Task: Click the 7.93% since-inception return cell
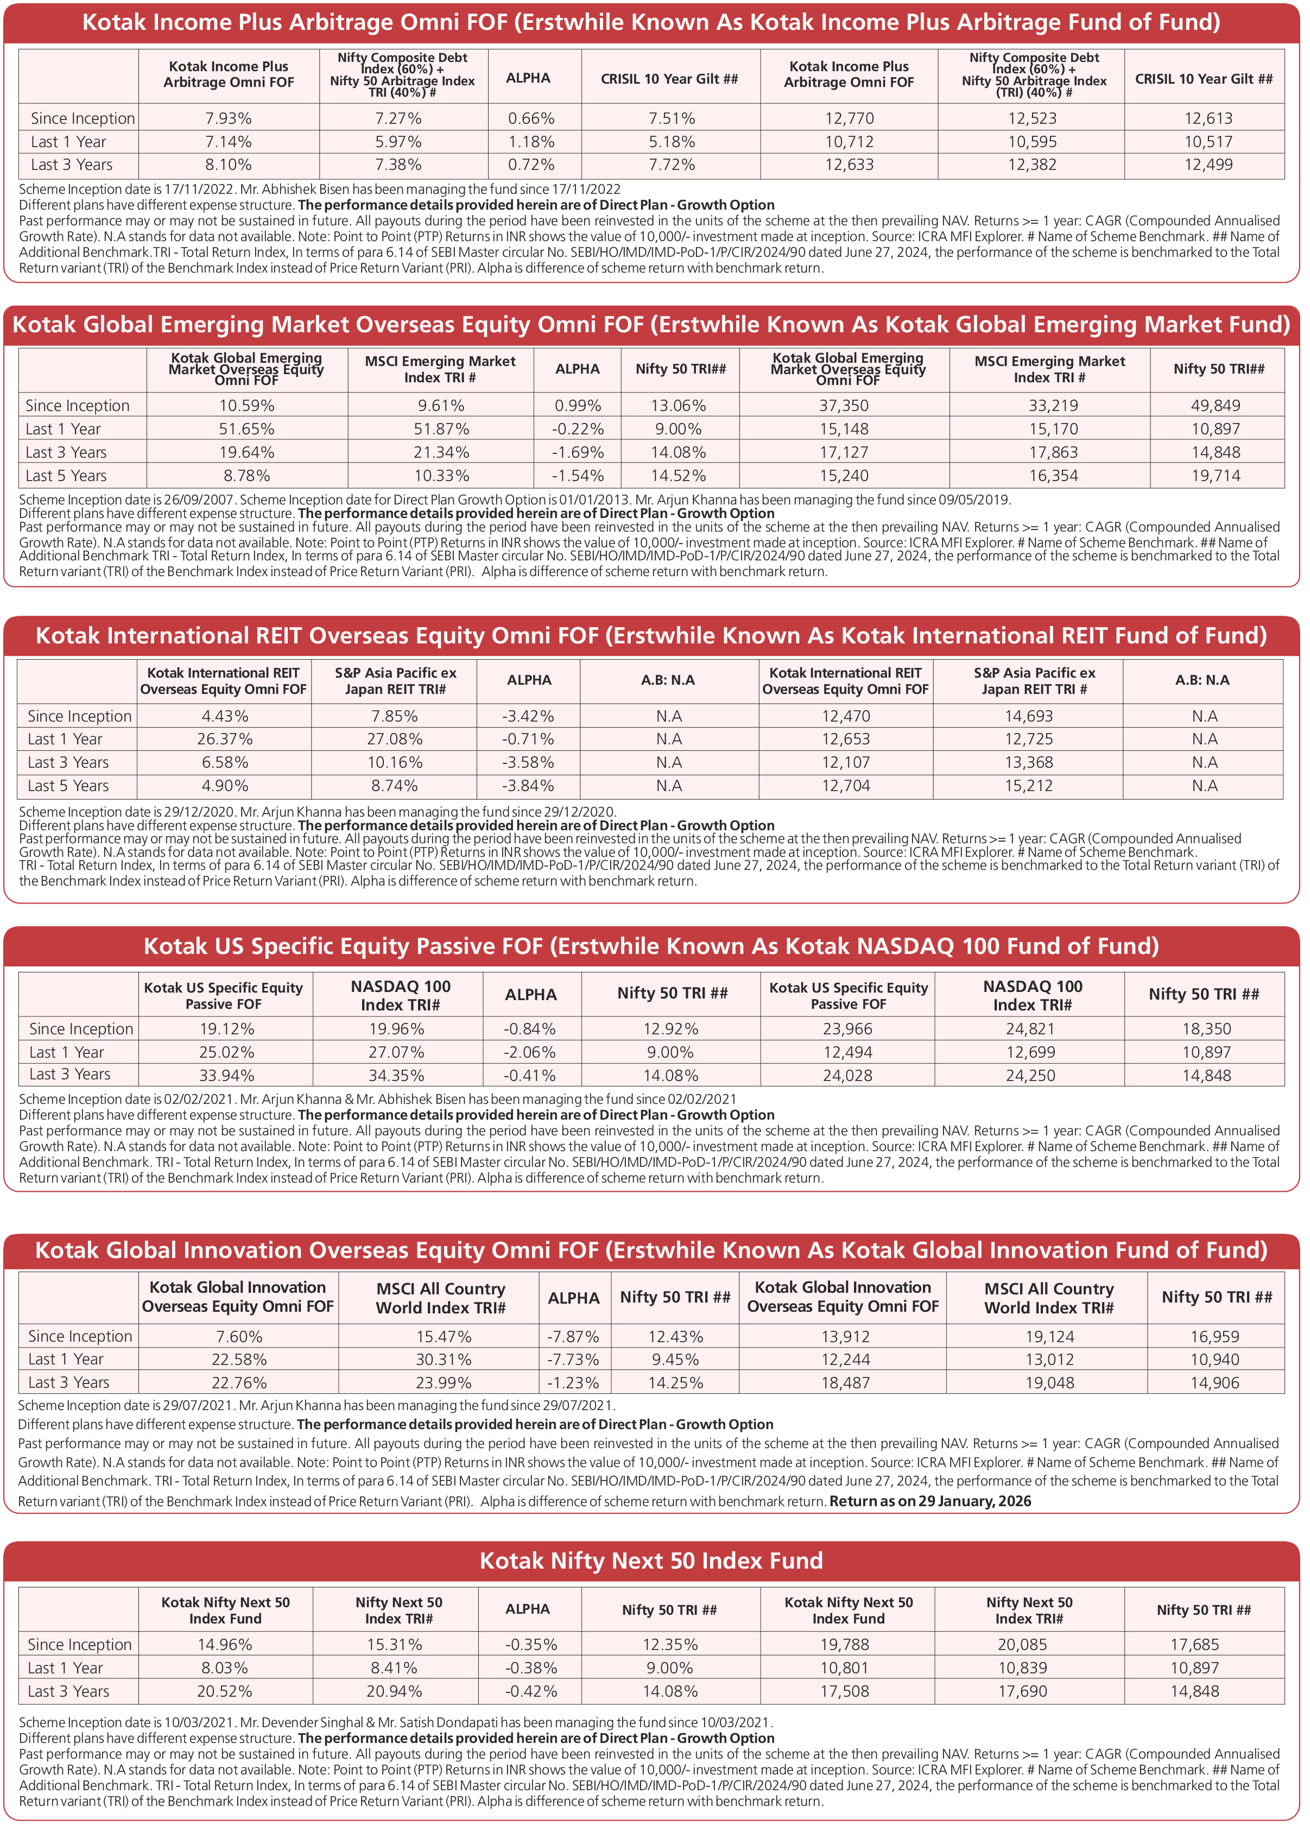tap(228, 118)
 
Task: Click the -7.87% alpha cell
tap(573, 1337)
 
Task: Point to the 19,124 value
tap(1049, 1337)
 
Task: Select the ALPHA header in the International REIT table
tap(529, 680)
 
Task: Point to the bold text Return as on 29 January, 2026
tap(930, 1501)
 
